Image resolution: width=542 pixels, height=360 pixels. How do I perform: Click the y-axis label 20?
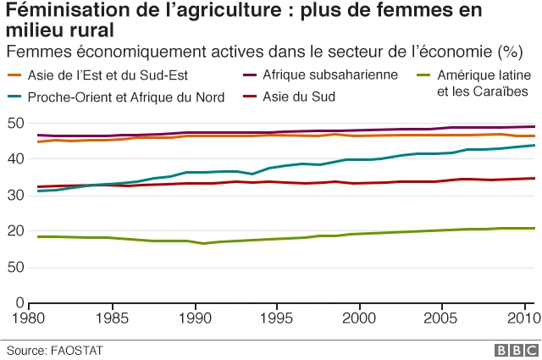click(14, 231)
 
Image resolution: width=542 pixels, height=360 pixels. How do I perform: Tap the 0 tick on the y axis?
click(19, 302)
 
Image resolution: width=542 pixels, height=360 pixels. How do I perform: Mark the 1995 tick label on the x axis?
click(277, 318)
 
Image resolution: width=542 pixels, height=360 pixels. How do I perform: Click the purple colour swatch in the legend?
click(247, 75)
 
